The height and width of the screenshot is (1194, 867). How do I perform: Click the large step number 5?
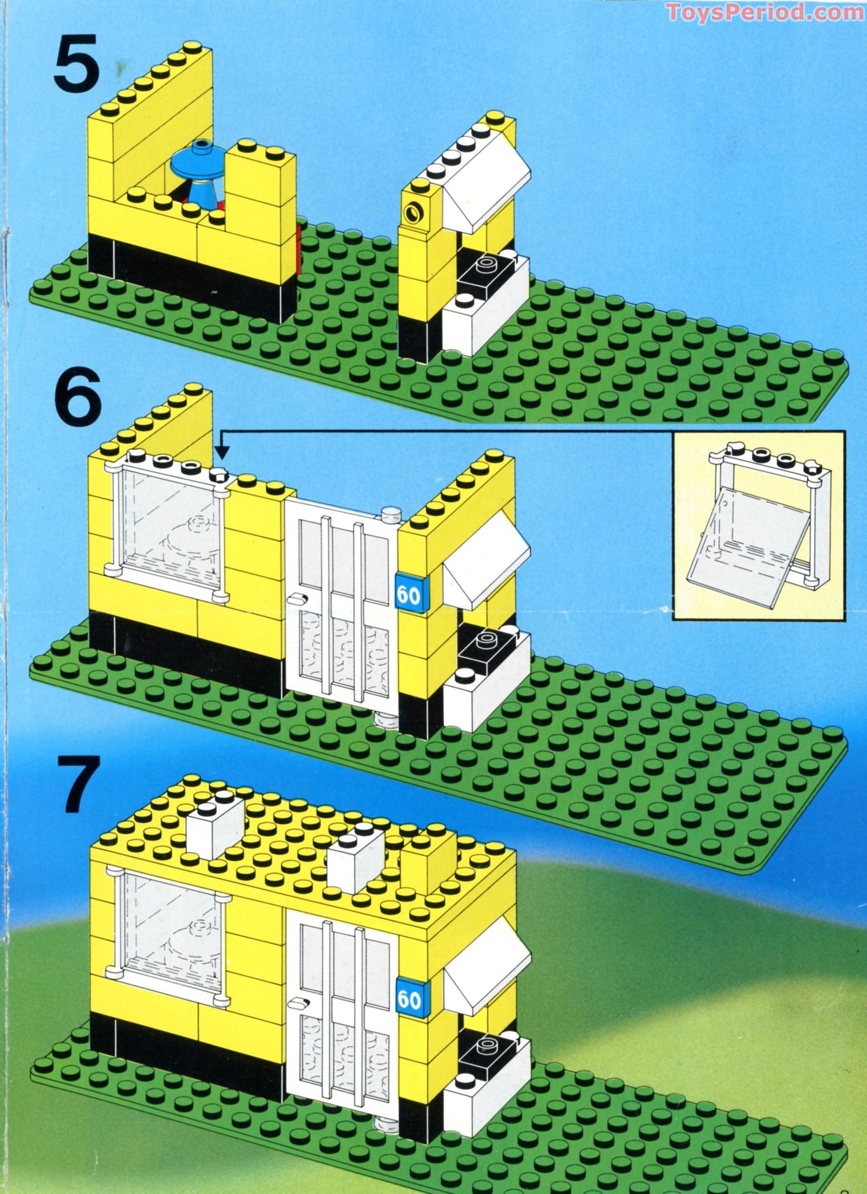click(x=76, y=64)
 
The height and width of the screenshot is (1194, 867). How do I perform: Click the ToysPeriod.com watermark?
click(x=765, y=11)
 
